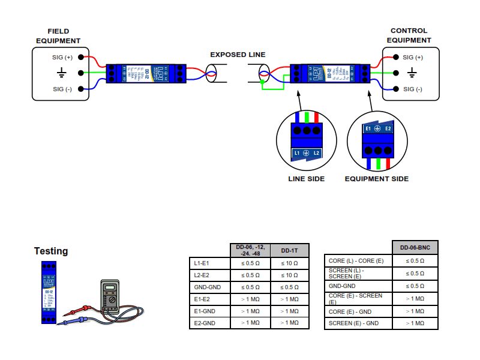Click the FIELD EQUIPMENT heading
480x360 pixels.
(58, 36)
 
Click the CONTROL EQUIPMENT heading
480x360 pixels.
(409, 35)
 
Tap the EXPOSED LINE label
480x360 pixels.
(238, 55)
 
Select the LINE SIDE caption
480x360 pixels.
(307, 179)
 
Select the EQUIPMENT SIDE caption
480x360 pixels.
(377, 179)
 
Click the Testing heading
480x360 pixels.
(51, 251)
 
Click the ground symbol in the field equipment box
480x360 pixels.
(61, 73)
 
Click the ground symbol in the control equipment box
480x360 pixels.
(412, 73)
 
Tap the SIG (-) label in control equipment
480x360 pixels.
(413, 89)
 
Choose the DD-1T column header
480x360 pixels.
(290, 250)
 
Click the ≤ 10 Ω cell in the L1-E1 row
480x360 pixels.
(290, 263)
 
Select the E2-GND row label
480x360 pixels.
(203, 323)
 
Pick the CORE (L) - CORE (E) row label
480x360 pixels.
(357, 261)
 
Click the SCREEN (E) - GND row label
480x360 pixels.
(354, 323)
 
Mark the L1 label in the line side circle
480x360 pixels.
(296, 154)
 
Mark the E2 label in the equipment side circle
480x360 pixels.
(388, 128)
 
